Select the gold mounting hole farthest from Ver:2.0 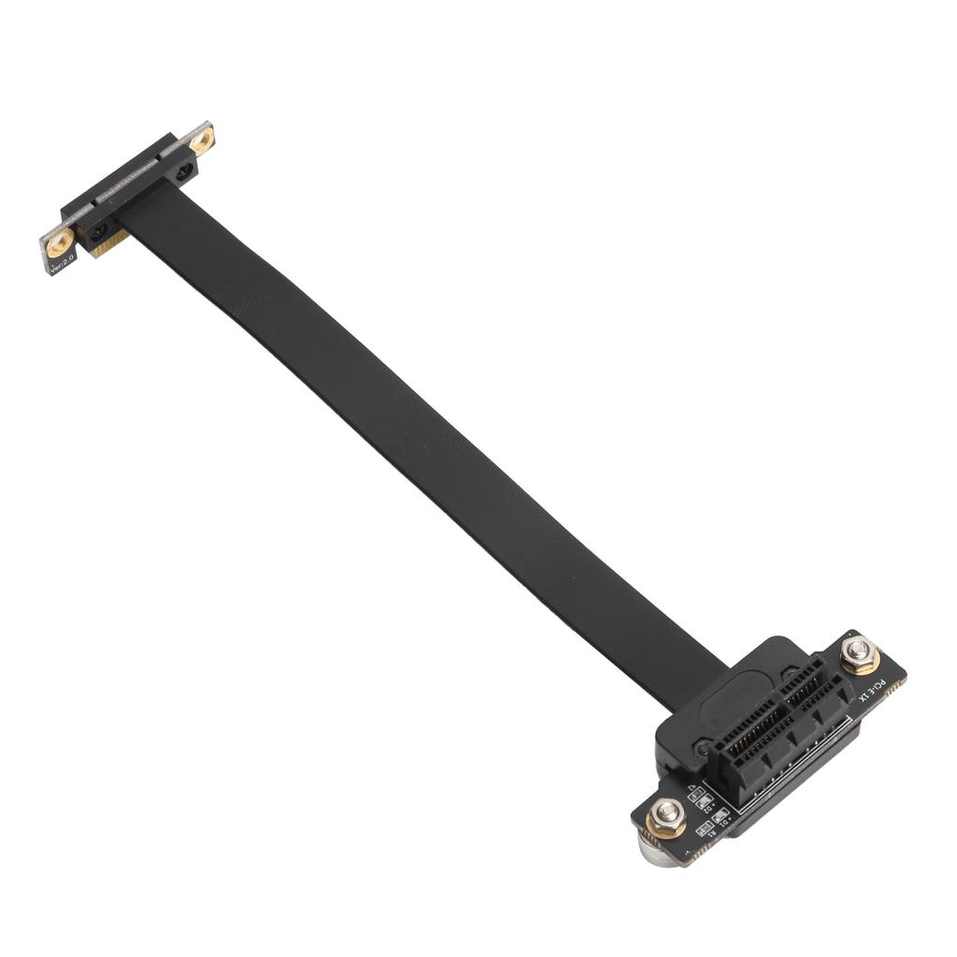(201, 139)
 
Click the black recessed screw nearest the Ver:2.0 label (97, 230)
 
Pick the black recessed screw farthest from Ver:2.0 (184, 170)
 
